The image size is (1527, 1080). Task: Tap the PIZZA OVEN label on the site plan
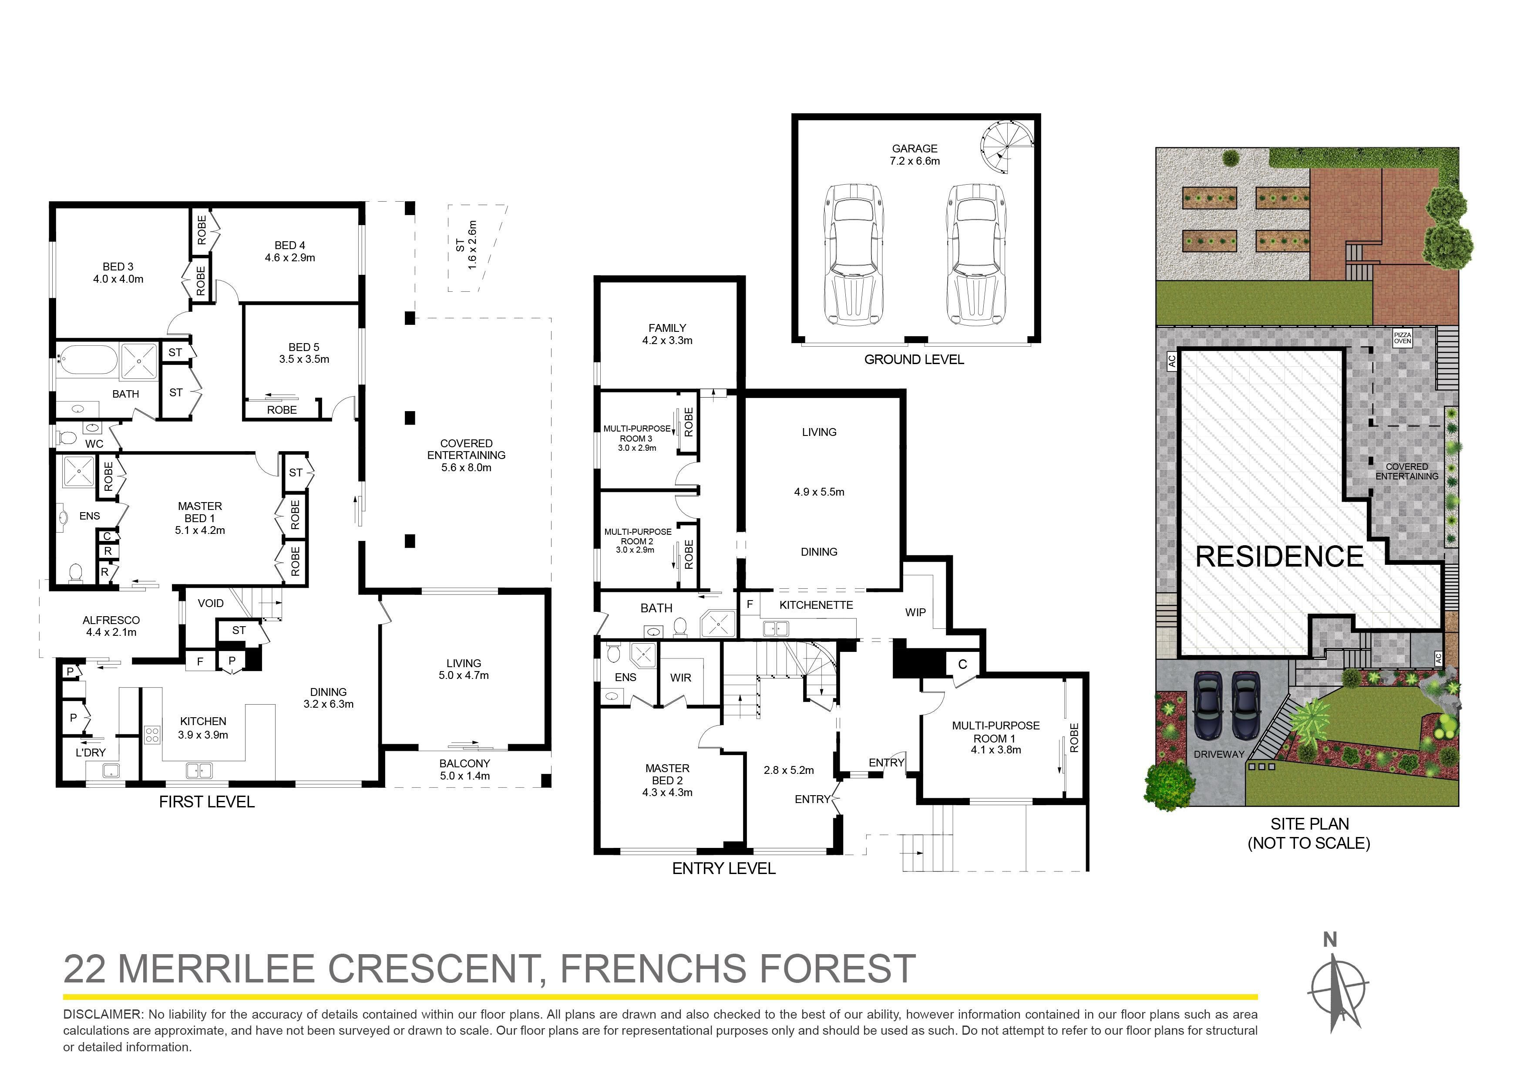point(1402,338)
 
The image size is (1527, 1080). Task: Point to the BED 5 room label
point(304,353)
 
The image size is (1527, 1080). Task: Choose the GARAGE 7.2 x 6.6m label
point(915,155)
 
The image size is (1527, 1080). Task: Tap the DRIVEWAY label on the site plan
point(1219,754)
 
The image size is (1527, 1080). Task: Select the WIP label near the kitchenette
point(915,612)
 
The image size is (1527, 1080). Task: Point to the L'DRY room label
point(91,753)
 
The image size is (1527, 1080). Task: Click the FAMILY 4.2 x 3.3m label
point(667,334)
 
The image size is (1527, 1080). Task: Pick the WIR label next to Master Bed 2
point(680,678)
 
